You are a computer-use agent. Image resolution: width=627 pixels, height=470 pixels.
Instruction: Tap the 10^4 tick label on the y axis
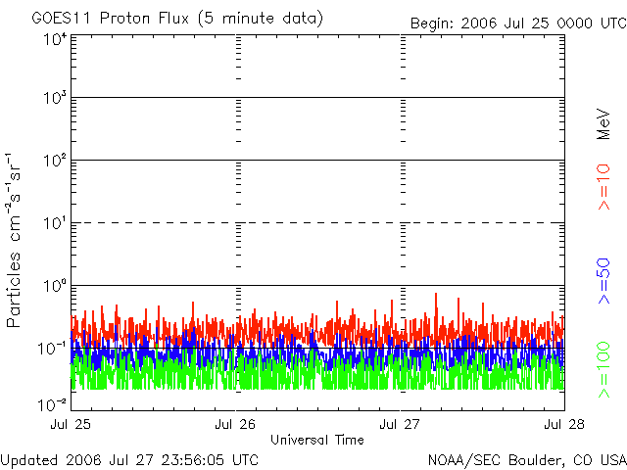[54, 39]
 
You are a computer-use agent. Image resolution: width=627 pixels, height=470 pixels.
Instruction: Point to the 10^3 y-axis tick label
[54, 98]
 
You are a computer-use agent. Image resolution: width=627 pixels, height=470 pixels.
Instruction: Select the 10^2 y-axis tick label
[54, 161]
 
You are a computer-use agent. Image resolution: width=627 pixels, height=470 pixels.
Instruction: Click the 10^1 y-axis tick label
[54, 223]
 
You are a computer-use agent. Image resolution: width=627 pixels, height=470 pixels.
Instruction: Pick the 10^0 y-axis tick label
[54, 286]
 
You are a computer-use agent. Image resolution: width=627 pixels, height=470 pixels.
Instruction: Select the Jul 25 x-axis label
[71, 425]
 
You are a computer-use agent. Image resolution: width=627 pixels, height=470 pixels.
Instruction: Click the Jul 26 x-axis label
[235, 425]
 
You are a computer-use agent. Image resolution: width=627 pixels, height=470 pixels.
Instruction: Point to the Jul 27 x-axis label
[401, 425]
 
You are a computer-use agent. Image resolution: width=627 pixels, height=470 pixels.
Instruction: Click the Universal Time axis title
[317, 440]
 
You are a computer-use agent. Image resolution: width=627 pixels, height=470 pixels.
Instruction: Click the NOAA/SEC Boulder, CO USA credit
[526, 459]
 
